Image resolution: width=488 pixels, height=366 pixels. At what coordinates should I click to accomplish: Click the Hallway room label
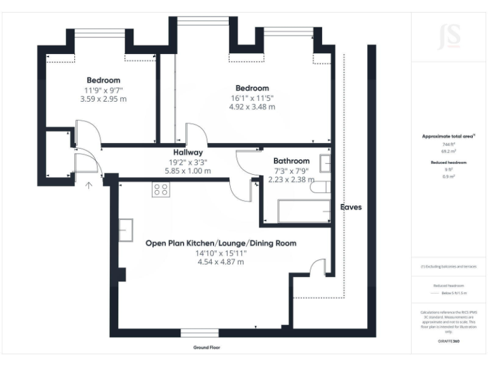tap(188, 152)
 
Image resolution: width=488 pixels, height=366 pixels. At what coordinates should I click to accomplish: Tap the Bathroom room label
tap(291, 161)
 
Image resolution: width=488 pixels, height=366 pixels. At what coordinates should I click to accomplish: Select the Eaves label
tap(351, 207)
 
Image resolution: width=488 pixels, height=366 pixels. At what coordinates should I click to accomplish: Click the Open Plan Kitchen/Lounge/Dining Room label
tap(220, 243)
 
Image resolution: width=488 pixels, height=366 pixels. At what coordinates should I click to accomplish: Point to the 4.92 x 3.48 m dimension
tap(252, 107)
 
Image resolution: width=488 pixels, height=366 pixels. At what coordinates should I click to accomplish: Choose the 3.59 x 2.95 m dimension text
tap(103, 99)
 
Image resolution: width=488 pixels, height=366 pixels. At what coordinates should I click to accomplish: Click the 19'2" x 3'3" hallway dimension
tap(188, 162)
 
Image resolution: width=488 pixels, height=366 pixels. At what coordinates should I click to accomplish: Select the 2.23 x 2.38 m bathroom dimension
tap(291, 180)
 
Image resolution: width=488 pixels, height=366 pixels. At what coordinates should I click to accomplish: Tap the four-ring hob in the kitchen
tap(160, 189)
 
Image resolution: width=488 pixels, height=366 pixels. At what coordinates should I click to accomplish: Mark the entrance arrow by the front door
tap(89, 185)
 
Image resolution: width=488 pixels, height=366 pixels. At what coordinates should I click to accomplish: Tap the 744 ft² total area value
tap(449, 145)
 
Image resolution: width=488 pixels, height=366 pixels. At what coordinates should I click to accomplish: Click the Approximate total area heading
tap(449, 136)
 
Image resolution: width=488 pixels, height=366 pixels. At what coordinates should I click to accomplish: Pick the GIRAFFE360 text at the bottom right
tap(449, 341)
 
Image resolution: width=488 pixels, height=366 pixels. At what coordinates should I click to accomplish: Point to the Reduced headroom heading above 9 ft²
tap(449, 163)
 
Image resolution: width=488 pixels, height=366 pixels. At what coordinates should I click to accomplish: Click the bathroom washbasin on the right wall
tap(325, 163)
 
